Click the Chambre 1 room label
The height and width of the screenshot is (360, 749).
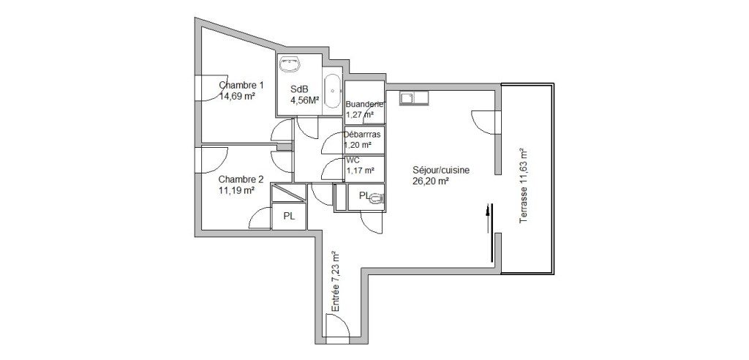click(x=241, y=86)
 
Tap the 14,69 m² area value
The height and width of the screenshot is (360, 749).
click(x=236, y=96)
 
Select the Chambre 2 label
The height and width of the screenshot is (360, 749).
click(x=241, y=180)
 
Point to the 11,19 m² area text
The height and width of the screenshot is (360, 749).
click(x=236, y=190)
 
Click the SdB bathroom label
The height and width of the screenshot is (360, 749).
click(x=299, y=89)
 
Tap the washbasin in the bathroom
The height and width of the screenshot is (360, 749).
click(x=290, y=64)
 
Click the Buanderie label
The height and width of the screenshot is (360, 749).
click(x=365, y=104)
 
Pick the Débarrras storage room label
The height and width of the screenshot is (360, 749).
click(x=363, y=135)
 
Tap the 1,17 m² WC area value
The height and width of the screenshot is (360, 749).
click(x=360, y=170)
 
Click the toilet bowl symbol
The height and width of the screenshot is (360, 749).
click(x=377, y=198)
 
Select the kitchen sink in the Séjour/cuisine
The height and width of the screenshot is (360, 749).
click(x=414, y=98)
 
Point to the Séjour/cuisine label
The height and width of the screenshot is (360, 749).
click(x=441, y=170)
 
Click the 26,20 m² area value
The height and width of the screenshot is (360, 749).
click(x=430, y=181)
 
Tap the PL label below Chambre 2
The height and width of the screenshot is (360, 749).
click(x=289, y=216)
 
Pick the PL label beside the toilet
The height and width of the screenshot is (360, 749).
click(x=364, y=195)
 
